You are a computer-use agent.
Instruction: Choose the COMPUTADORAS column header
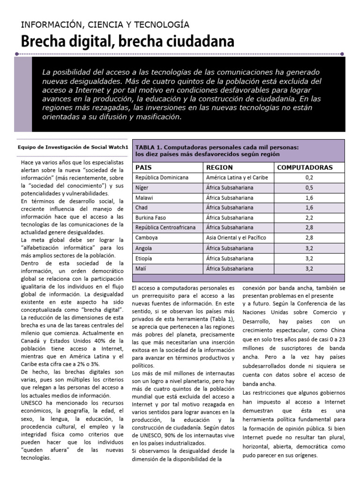tap(305, 167)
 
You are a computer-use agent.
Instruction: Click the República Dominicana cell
tap(162, 178)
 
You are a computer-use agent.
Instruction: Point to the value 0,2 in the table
tap(309, 178)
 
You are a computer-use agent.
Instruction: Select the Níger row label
tap(142, 188)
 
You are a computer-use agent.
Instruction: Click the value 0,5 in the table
tap(309, 188)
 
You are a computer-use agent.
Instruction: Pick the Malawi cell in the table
tap(144, 198)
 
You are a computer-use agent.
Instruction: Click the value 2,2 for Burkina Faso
tap(309, 218)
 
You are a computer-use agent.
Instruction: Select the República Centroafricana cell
tap(166, 228)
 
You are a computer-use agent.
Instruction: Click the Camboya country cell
tap(146, 238)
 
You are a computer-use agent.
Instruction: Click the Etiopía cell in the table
tap(144, 258)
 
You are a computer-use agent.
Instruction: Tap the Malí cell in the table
tap(141, 269)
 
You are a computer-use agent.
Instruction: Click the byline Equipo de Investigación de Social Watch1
tap(73, 147)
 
